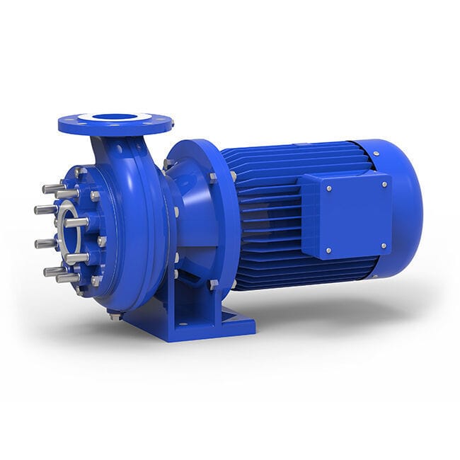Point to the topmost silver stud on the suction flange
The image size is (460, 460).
(x=53, y=188)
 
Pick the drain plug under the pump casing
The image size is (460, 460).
(x=115, y=316)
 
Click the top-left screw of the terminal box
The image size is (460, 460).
(x=328, y=188)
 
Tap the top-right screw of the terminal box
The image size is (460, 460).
(x=384, y=184)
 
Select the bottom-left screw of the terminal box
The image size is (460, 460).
(x=328, y=249)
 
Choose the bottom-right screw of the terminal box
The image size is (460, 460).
(x=385, y=246)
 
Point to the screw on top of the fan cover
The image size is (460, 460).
(x=374, y=153)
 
